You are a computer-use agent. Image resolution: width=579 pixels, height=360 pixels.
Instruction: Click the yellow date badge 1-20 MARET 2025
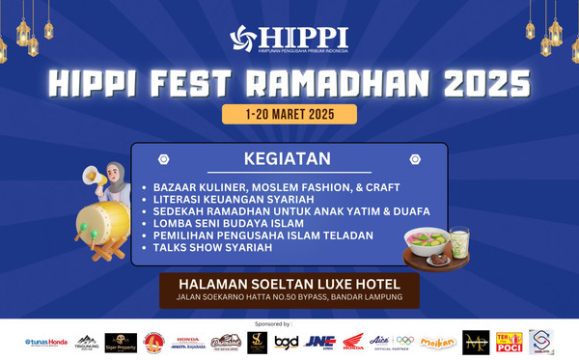289,114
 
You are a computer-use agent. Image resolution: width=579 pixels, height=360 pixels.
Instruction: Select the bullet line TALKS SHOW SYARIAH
212,248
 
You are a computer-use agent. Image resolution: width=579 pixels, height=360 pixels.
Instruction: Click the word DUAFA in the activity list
408,211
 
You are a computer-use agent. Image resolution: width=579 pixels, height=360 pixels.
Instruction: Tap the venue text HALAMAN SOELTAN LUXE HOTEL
289,284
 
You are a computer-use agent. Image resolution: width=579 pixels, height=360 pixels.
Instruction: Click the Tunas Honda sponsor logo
45,342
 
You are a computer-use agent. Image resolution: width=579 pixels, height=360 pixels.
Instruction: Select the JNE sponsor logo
318,342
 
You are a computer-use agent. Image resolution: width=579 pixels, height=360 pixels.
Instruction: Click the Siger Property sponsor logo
121,342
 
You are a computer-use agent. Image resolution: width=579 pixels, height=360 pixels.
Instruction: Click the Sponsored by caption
289,325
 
